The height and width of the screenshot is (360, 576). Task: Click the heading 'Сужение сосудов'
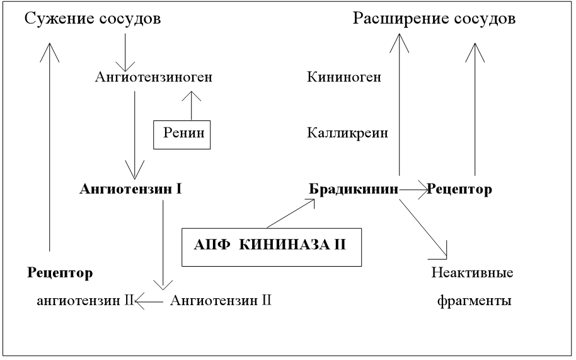[x=93, y=18]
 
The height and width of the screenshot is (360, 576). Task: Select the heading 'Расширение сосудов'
[x=434, y=18]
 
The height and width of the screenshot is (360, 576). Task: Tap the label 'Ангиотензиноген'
[x=153, y=78]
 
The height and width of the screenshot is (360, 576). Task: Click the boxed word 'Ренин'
[x=182, y=134]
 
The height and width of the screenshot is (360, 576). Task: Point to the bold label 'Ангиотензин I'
[x=131, y=189]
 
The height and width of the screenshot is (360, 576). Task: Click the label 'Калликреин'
[x=347, y=134]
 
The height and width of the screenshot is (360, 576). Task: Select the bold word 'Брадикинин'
[x=354, y=189]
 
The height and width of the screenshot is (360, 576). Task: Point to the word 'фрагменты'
[x=473, y=301]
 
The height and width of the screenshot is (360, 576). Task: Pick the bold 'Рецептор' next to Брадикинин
[x=459, y=189]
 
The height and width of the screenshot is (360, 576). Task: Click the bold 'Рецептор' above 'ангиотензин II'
[x=60, y=273]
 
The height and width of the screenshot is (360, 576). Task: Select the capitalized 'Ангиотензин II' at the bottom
[x=221, y=301]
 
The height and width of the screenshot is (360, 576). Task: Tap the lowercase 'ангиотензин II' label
[x=83, y=301]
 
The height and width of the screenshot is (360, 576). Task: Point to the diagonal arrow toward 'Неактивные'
[x=423, y=227]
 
